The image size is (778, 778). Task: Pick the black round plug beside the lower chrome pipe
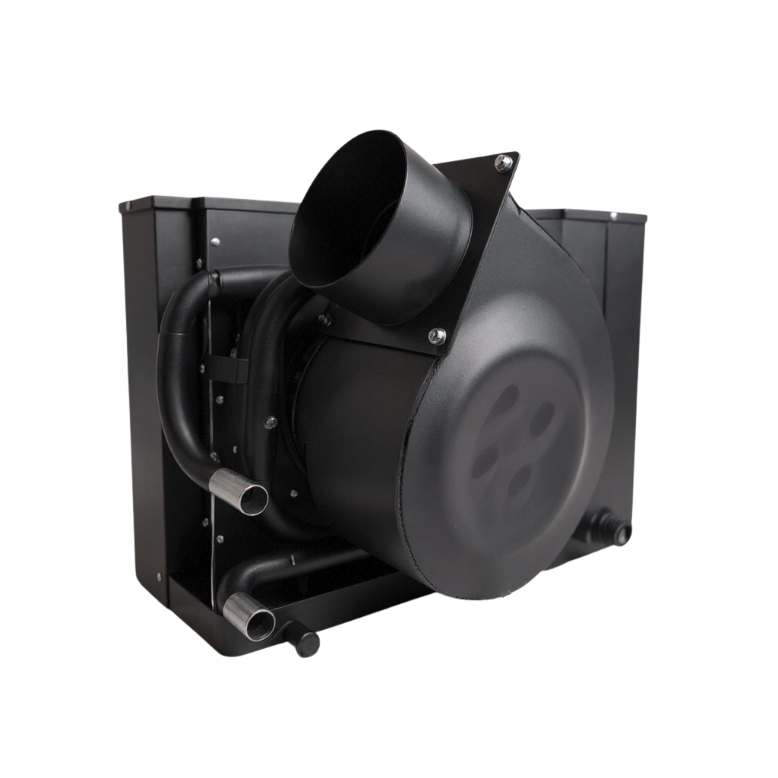(308, 641)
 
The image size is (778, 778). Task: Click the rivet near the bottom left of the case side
(157, 575)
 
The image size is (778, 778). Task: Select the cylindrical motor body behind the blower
(342, 410)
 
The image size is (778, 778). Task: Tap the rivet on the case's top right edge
(613, 217)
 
